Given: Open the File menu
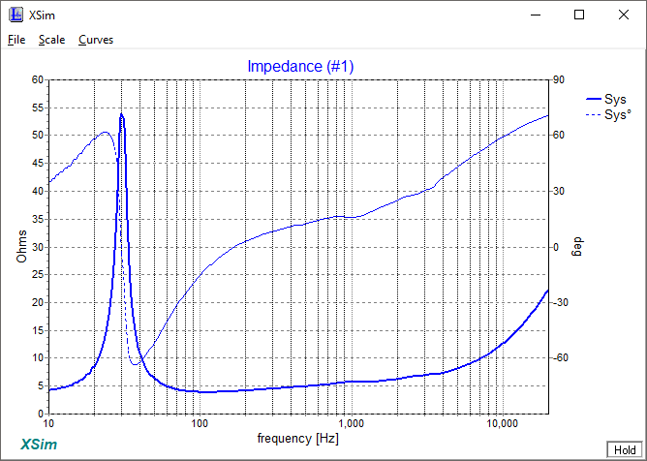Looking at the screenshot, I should coord(16,40).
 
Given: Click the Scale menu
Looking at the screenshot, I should coord(51,40).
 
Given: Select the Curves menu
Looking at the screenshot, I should coord(96,40).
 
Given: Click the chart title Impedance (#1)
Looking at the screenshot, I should coord(301,66).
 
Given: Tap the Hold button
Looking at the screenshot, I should coord(622,449).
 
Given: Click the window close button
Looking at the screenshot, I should coord(623,15).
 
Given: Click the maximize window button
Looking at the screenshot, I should coord(579,15).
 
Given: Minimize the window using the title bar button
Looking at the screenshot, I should coord(535,15).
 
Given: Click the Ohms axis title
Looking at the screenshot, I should coord(22,246).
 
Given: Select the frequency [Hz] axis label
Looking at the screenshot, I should coord(296,438).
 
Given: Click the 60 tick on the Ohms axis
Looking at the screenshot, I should coord(38,80).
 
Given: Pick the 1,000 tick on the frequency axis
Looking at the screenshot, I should coord(351,424).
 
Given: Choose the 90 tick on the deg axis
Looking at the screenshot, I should coord(560,80).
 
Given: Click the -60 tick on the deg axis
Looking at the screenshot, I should coord(562,358).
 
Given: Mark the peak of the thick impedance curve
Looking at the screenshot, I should coord(121,114).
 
